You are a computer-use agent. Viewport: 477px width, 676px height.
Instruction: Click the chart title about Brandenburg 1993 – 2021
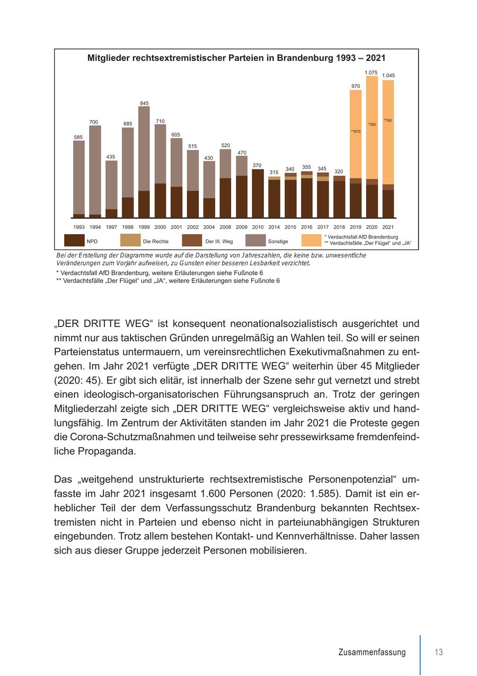click(x=236, y=58)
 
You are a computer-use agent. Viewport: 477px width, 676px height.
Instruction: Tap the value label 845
click(x=144, y=103)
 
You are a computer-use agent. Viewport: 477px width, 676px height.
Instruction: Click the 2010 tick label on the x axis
click(x=258, y=227)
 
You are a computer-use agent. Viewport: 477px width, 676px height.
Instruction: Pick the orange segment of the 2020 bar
click(x=372, y=127)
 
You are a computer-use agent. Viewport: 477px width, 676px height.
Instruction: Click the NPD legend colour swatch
click(x=74, y=241)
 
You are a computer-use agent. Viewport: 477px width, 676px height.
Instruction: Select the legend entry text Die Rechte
click(x=155, y=242)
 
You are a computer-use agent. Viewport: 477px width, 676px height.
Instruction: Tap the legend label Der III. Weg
click(x=219, y=242)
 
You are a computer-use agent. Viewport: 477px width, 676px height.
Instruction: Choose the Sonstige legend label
click(x=278, y=242)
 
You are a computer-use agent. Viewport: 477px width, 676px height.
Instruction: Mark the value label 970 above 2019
click(x=356, y=86)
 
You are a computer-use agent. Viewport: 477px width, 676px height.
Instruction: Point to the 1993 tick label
click(x=79, y=227)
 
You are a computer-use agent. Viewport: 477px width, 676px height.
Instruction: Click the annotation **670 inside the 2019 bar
click(x=356, y=131)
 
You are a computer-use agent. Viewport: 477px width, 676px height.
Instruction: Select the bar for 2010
click(x=258, y=193)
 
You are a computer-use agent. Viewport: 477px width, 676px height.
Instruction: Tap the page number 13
click(x=438, y=652)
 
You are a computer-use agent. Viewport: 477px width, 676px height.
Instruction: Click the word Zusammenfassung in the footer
click(x=372, y=653)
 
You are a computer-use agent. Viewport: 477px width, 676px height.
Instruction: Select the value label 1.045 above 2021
click(x=388, y=76)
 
